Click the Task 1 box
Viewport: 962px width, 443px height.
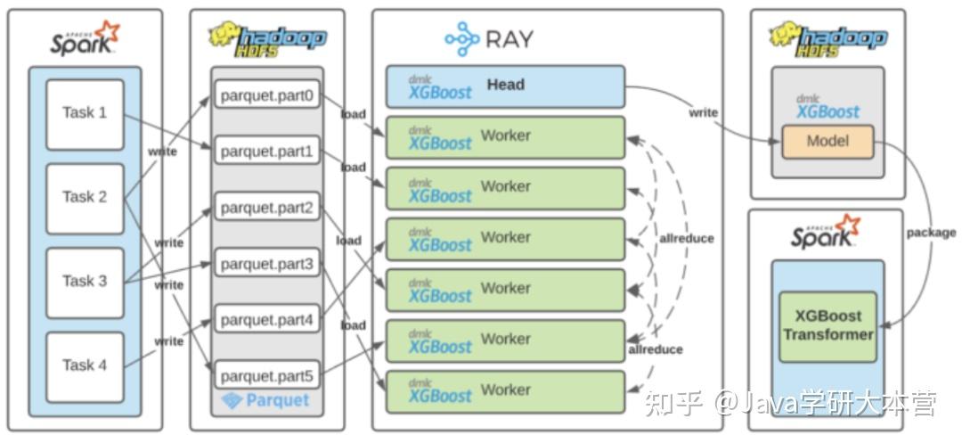(85, 113)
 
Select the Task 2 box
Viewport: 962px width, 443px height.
(85, 197)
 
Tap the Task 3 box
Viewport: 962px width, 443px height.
(85, 282)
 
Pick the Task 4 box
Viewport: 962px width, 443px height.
(85, 365)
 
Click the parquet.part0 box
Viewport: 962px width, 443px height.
(266, 94)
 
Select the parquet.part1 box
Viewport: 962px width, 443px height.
(266, 151)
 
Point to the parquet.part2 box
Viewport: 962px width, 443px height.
(266, 208)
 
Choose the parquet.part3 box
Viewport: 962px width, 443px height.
(266, 264)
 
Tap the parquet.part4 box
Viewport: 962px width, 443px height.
(266, 319)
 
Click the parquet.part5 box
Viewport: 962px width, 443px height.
(266, 375)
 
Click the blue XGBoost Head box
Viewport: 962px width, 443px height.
(505, 86)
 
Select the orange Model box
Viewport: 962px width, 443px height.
(827, 141)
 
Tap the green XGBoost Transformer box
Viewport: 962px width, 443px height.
(827, 326)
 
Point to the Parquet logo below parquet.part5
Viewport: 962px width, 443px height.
(266, 401)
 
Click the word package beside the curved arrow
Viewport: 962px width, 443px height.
(931, 233)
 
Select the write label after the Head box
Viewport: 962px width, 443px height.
(703, 112)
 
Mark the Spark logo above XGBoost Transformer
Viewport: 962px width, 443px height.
(826, 233)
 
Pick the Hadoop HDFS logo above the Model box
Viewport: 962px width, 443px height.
(827, 39)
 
